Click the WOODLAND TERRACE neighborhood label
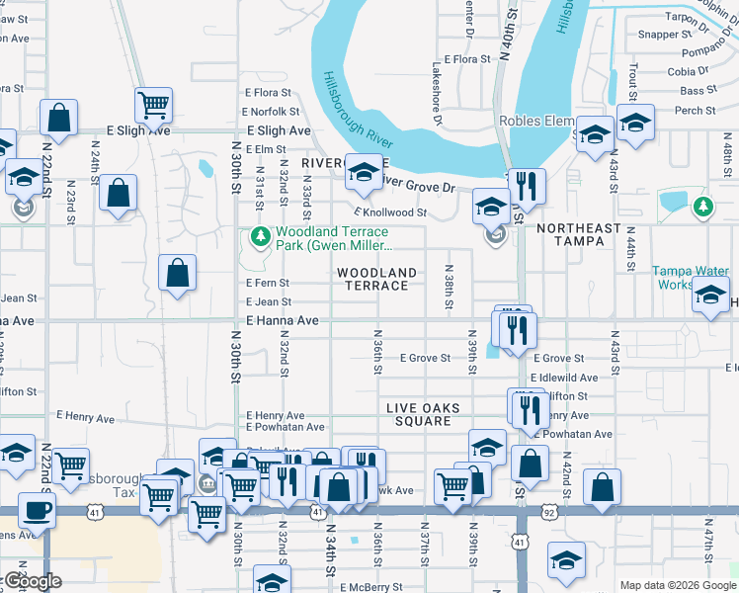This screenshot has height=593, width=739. click(x=376, y=279)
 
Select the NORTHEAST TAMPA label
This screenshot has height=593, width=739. click(x=578, y=234)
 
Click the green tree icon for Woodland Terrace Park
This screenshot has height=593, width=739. click(x=260, y=236)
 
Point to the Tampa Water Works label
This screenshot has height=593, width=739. click(x=690, y=278)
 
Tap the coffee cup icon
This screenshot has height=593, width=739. click(x=37, y=511)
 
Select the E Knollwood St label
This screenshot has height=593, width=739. click(x=390, y=212)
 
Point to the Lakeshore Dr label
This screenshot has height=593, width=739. click(x=435, y=96)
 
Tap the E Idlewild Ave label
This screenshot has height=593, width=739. click(x=563, y=378)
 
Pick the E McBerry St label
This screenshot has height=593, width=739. click(x=370, y=587)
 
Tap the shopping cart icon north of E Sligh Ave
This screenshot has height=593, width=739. click(x=153, y=104)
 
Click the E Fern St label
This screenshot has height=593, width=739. click(x=268, y=283)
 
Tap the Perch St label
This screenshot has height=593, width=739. click(x=696, y=111)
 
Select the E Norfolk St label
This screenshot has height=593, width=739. click(x=272, y=112)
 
